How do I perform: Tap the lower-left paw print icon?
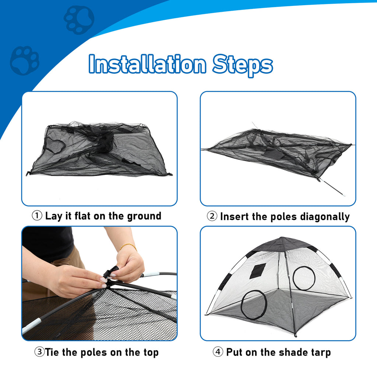point(24,60)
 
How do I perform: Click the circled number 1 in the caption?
point(37,216)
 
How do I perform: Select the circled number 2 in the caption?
point(212,216)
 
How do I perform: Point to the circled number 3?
point(39,352)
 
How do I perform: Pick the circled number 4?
point(218,352)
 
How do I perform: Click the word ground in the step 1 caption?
point(144,216)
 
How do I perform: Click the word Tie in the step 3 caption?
point(53,352)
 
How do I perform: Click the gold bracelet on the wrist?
point(128,246)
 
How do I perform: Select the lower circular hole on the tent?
point(254,304)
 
